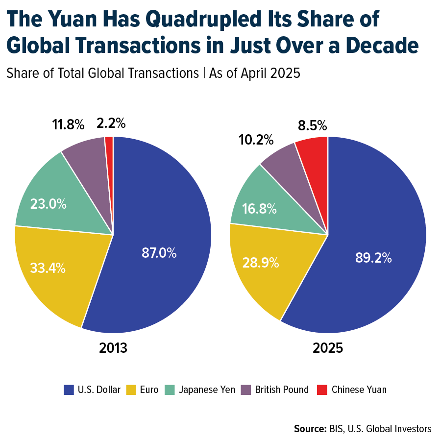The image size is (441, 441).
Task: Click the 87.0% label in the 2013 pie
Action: point(159,253)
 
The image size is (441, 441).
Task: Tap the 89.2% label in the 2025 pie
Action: point(373,258)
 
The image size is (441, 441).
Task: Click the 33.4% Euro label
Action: point(48,268)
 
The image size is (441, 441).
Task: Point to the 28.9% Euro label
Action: point(261,263)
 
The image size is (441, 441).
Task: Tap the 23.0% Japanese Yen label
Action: point(48,204)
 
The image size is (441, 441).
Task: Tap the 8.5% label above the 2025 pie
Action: point(312,125)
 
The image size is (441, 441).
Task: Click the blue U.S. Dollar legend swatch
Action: point(69,390)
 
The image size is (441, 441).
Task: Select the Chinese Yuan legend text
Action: point(359,390)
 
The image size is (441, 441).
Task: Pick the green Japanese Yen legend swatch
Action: point(170,390)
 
